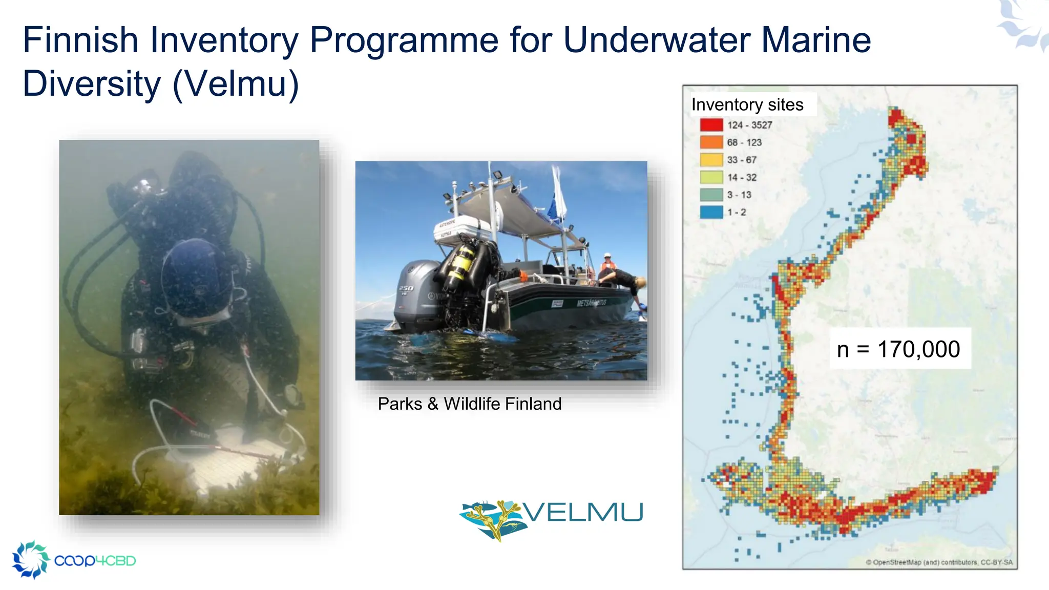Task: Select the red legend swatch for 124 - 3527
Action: click(x=711, y=125)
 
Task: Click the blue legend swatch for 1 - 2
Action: click(x=711, y=212)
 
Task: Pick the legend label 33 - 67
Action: click(x=741, y=160)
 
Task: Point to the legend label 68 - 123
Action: click(x=744, y=142)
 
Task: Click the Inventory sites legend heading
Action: click(x=747, y=104)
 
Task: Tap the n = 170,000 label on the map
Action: click(x=899, y=349)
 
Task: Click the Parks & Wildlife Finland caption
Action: click(x=469, y=404)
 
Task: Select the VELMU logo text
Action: click(x=583, y=512)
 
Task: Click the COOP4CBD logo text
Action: click(x=95, y=561)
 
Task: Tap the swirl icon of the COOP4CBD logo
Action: click(x=30, y=559)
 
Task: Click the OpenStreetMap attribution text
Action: click(x=939, y=562)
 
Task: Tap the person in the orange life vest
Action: click(x=607, y=266)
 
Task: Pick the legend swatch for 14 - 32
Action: click(x=711, y=177)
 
